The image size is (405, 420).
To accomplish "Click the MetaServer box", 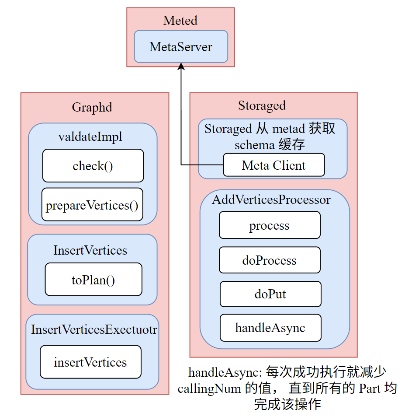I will (x=180, y=47).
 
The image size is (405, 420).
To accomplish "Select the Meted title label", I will (x=180, y=21).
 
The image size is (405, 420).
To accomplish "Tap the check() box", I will (x=93, y=166).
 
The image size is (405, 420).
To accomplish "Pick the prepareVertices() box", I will (x=93, y=205).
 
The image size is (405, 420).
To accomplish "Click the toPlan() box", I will (x=93, y=280).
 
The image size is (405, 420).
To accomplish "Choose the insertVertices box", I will (x=90, y=362).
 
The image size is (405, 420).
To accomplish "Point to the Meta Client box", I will (x=274, y=165).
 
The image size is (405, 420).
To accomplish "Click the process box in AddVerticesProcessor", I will (x=270, y=226).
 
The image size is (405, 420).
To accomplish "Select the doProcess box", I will (x=270, y=260).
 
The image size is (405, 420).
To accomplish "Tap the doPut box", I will (x=270, y=294).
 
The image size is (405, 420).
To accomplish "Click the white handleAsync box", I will (x=270, y=328).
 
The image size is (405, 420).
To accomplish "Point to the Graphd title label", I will (x=92, y=107).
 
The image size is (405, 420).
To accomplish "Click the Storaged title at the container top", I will (x=262, y=105).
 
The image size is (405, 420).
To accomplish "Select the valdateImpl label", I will (x=90, y=136).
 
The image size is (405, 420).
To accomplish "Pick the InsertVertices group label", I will (x=90, y=250).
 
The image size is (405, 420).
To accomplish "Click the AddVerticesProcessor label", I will (x=271, y=199).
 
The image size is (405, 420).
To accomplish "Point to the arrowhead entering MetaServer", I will (x=181, y=66).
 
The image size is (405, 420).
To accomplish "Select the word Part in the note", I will (x=370, y=388).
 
